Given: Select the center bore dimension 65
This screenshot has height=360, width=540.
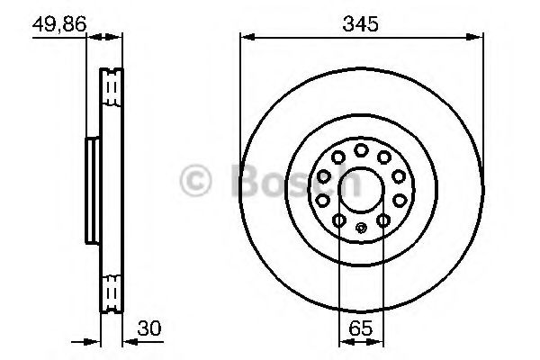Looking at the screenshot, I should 360,328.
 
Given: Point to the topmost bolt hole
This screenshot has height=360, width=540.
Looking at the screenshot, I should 360,148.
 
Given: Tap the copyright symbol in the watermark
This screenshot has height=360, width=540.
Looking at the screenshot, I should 195,180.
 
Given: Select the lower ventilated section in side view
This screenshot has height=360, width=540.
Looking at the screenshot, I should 112,290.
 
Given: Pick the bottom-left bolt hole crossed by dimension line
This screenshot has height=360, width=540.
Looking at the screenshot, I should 338,220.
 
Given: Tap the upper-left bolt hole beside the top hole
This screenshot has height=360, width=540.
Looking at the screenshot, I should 337,157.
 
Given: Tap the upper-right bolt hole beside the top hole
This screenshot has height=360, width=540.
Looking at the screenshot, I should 382,157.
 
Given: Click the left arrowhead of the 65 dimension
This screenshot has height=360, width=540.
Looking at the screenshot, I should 342,342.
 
